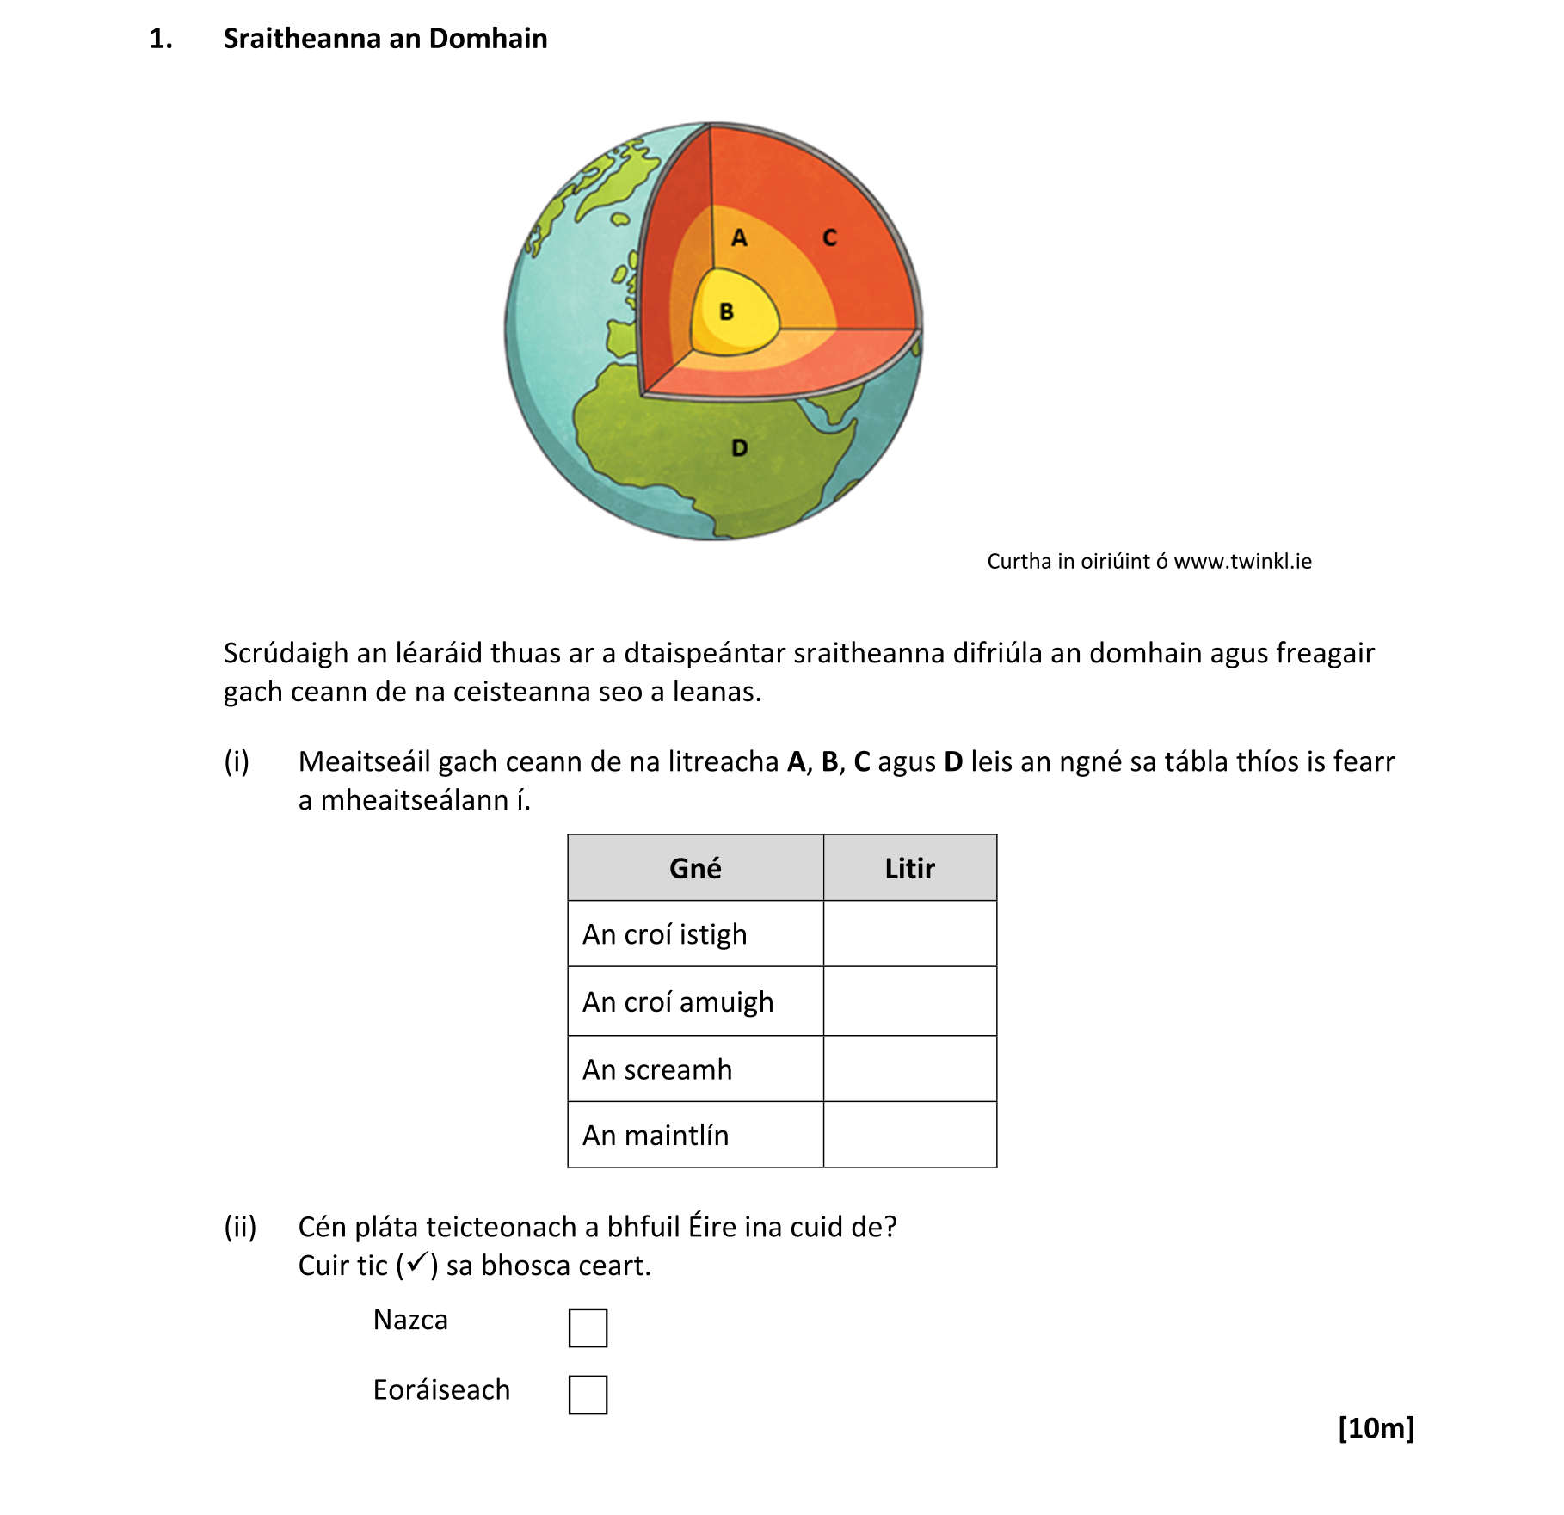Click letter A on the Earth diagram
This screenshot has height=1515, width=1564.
(738, 238)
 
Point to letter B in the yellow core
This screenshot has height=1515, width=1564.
(726, 311)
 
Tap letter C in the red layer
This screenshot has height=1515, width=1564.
(829, 238)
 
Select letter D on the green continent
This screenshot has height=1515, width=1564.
(739, 448)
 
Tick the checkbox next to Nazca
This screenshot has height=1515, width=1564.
(588, 1327)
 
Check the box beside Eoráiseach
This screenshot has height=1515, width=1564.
(588, 1395)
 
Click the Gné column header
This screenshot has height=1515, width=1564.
(695, 868)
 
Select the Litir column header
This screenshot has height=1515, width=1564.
(909, 868)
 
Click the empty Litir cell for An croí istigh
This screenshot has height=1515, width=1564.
(909, 934)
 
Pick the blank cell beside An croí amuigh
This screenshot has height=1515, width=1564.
(909, 1001)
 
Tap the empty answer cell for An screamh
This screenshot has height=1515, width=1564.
(909, 1069)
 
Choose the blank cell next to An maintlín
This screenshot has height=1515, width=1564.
(909, 1135)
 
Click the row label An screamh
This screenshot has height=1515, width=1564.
(657, 1069)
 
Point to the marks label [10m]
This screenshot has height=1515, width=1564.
(1376, 1428)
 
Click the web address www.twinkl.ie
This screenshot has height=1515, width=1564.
(1242, 562)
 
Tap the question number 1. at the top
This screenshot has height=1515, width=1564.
(161, 39)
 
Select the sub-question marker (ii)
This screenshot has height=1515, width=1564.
(240, 1227)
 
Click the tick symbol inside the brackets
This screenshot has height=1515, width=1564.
(417, 1263)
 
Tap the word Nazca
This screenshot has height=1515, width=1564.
(410, 1320)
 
